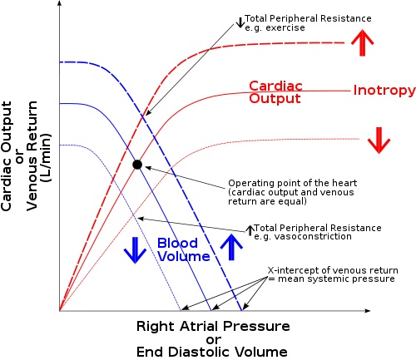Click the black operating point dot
[x=137, y=165]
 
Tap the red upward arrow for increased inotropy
[x=362, y=42]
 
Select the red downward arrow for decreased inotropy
[x=379, y=141]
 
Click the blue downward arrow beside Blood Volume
[x=135, y=250]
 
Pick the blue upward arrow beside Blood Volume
[x=231, y=247]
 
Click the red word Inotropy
[x=384, y=91]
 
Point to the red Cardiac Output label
[x=275, y=92]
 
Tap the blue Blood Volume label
[x=183, y=249]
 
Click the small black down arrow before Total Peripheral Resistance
[x=240, y=22]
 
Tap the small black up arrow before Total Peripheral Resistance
[x=250, y=230]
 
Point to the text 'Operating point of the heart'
[x=293, y=183]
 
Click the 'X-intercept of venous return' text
[x=333, y=270]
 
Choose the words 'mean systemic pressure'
[x=336, y=279]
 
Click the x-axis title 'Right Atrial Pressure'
[x=213, y=326]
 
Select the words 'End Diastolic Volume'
[x=212, y=352]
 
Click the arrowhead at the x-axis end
[x=368, y=311]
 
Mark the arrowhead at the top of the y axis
[x=59, y=3]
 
